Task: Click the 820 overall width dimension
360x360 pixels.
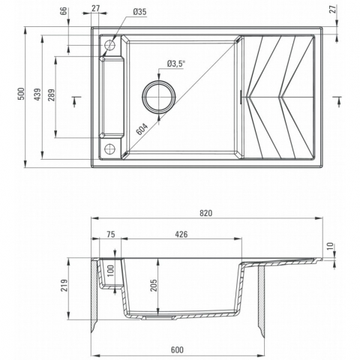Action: [206, 213]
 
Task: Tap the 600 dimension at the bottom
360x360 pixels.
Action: [177, 349]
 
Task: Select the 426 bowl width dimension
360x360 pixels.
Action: [181, 234]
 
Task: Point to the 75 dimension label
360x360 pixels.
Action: [111, 234]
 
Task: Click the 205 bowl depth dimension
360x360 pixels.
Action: [153, 285]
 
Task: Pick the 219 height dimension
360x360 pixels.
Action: [64, 286]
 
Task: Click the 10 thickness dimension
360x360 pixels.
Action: [330, 246]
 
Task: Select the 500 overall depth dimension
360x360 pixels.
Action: [22, 94]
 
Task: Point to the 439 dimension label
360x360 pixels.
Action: [37, 94]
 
